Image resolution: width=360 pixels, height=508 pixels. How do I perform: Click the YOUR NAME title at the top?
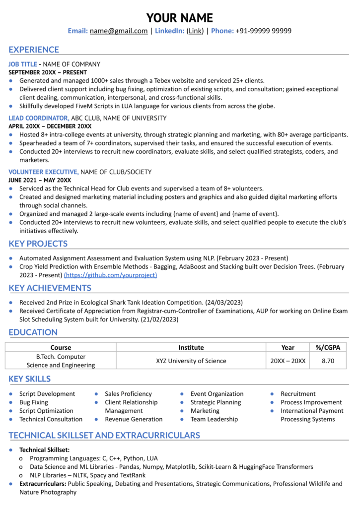(x=180, y=18)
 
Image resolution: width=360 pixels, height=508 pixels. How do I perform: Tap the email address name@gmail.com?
(x=118, y=31)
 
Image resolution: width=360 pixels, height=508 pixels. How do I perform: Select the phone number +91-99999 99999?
(x=264, y=31)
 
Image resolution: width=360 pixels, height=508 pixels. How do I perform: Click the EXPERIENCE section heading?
(x=34, y=50)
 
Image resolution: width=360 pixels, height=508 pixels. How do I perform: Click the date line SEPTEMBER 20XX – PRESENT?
(x=48, y=72)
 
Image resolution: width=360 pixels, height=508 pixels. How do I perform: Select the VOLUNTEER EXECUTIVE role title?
(x=43, y=172)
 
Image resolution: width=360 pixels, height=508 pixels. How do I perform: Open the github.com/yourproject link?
(x=110, y=275)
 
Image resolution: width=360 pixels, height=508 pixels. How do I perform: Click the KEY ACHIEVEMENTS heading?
(x=50, y=288)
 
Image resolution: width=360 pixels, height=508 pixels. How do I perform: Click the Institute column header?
(x=191, y=348)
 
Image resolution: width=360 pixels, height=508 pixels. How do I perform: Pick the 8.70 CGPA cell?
(x=328, y=361)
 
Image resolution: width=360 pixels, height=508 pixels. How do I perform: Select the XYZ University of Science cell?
(x=191, y=361)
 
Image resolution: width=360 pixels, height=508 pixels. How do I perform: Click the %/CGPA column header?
(x=328, y=348)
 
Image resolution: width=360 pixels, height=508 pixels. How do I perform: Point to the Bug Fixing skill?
(x=34, y=402)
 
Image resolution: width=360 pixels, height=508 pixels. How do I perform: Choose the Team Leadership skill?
(x=214, y=419)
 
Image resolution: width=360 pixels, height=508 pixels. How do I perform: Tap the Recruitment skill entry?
(x=298, y=394)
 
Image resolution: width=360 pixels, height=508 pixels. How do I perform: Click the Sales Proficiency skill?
(x=128, y=394)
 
